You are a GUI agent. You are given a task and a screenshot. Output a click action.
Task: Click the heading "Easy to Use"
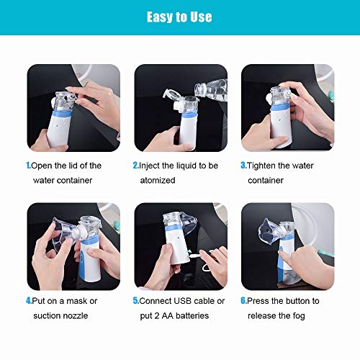coord(179,17)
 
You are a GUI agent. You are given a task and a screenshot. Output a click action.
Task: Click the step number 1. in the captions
coord(29,166)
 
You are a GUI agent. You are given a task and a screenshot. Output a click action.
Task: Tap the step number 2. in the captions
coord(135,166)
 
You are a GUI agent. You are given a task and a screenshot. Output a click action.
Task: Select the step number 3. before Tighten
coord(243,166)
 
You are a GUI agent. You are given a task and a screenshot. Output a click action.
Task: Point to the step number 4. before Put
coord(29,301)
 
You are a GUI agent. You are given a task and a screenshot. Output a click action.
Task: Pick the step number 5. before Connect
coord(135,301)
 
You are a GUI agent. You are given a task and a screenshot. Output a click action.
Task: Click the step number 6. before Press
coord(243,301)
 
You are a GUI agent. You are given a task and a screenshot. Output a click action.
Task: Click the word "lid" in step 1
coord(76,166)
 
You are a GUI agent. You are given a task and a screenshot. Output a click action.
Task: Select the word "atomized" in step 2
coord(158,180)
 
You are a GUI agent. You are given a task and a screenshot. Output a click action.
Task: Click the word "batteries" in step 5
coord(191,315)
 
